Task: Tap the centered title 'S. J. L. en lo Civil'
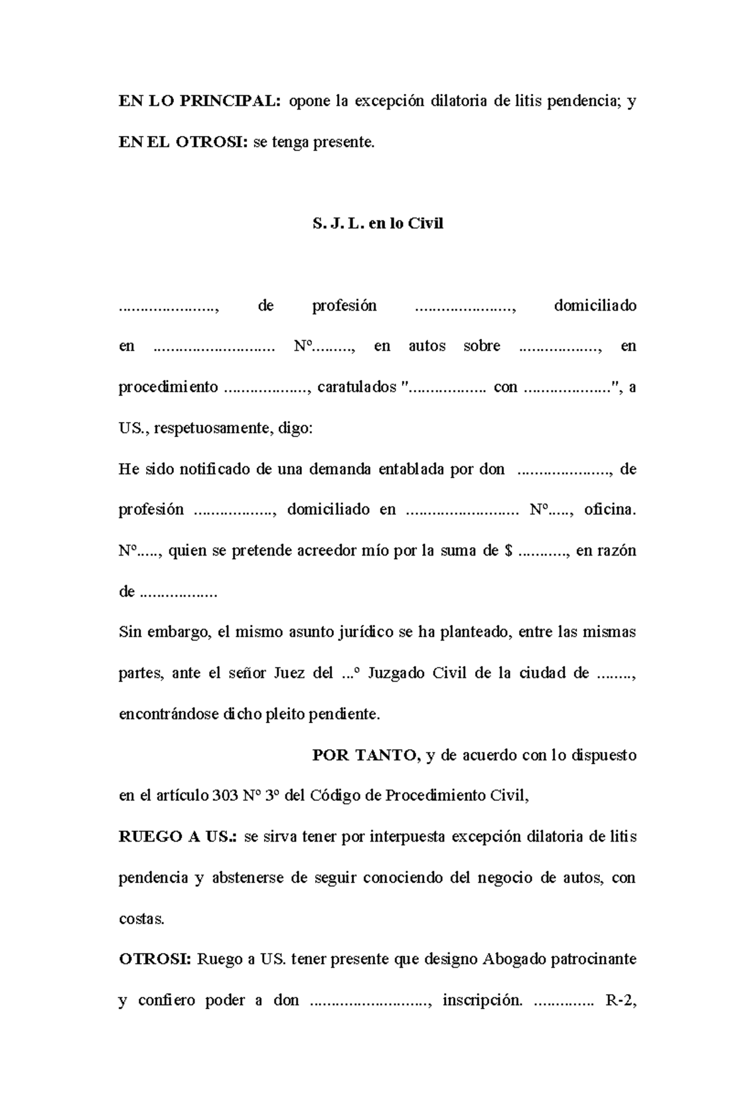(x=378, y=224)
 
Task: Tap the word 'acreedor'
(x=309, y=551)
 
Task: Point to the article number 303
(x=225, y=796)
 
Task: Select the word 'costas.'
(x=141, y=919)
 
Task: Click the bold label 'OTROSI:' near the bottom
(x=154, y=960)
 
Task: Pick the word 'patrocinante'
(x=593, y=960)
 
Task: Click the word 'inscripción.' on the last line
(x=483, y=1001)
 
